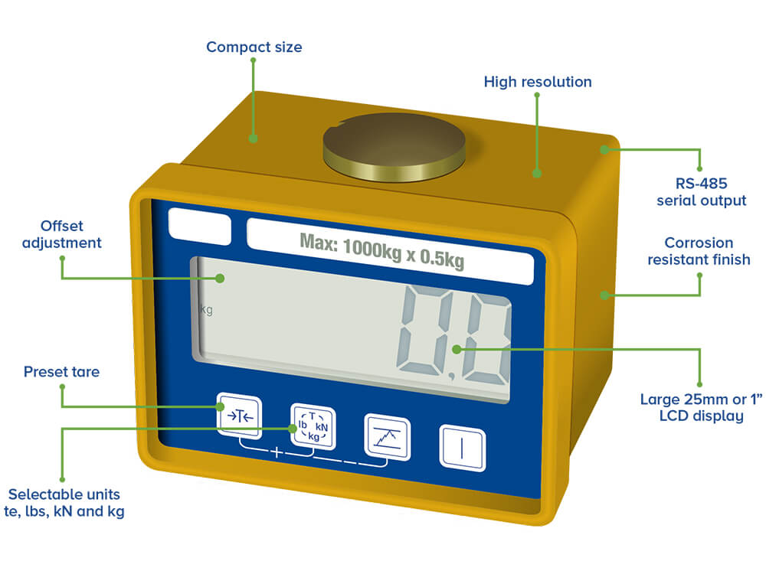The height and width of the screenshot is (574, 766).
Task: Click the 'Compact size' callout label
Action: click(x=254, y=47)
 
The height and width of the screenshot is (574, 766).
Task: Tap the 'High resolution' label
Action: click(x=537, y=82)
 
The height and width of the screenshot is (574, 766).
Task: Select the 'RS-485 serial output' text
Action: click(x=701, y=192)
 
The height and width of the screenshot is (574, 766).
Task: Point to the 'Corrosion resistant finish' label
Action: click(x=699, y=251)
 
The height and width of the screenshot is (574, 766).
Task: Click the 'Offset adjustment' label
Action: click(x=61, y=234)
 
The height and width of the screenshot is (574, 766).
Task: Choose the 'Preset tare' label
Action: click(x=61, y=372)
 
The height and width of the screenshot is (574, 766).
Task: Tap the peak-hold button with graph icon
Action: click(x=387, y=436)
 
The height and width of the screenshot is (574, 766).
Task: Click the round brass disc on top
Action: click(x=394, y=145)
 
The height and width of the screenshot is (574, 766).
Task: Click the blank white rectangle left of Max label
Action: click(x=198, y=227)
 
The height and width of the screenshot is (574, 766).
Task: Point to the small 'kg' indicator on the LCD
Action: click(x=206, y=310)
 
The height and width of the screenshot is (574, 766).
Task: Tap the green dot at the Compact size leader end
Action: click(x=254, y=139)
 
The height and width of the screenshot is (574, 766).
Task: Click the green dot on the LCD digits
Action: click(x=457, y=349)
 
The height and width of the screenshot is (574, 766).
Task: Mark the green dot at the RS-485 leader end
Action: click(x=604, y=149)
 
